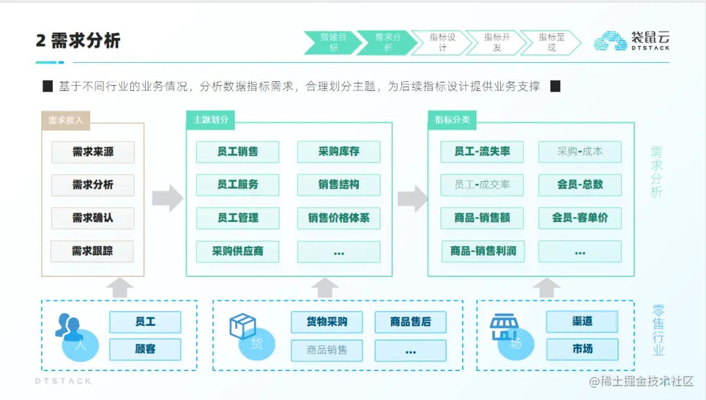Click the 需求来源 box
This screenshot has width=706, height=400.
93,152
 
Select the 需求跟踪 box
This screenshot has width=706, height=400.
93,251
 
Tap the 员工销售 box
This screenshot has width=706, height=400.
237,152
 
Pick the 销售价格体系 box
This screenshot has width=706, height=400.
339,218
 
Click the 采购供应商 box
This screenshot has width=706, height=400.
237,251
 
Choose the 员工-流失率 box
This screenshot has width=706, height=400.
482,152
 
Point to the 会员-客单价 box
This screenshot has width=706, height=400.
580,218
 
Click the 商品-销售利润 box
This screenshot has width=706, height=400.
482,251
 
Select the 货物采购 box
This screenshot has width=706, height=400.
327,322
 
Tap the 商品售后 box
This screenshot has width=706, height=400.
410,322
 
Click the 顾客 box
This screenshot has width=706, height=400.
145,349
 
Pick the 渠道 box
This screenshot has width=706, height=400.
582,321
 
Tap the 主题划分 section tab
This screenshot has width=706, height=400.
210,120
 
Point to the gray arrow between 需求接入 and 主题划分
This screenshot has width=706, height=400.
167,198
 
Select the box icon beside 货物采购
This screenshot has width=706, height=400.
243,326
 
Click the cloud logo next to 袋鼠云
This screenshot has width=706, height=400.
610,41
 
